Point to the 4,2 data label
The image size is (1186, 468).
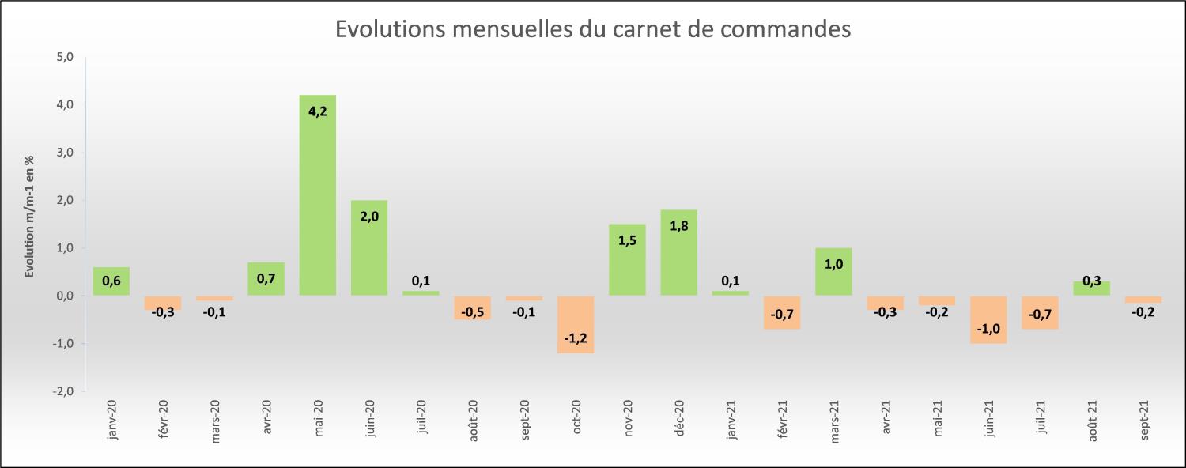317,111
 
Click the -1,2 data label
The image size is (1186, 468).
576,339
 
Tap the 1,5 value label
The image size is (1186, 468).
627,240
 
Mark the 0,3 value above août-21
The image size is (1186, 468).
1091,281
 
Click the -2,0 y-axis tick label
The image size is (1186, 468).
64,391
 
